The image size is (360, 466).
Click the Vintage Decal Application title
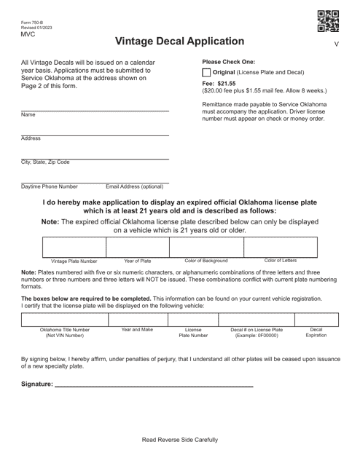point(179,42)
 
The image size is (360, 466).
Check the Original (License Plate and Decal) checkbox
point(206,73)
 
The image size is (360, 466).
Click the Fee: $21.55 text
point(219,84)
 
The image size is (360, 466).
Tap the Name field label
point(28,115)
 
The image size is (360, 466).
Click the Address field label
point(31,138)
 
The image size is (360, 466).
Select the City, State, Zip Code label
point(45,162)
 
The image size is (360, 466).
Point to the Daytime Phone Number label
point(50,186)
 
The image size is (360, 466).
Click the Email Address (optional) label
point(135,186)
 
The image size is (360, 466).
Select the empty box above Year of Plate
point(137,246)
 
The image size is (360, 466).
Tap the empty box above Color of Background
point(206,246)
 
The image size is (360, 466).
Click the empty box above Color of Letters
point(280,246)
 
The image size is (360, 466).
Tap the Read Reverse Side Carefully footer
point(179,440)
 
